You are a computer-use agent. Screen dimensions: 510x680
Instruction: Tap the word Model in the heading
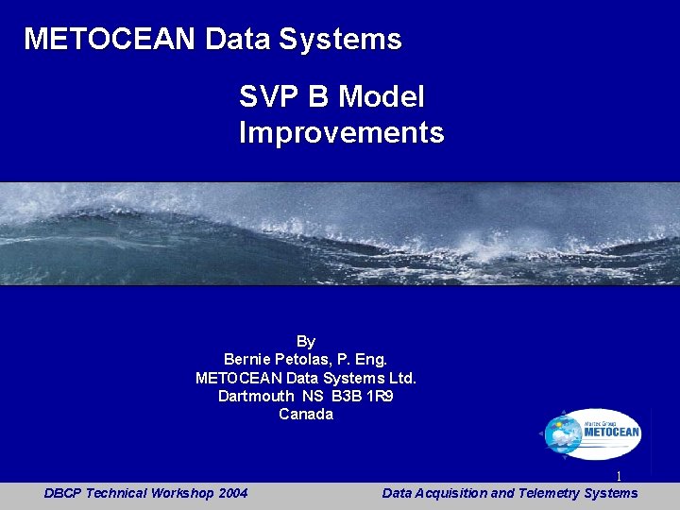point(382,96)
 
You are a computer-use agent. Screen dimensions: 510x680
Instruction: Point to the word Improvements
point(341,132)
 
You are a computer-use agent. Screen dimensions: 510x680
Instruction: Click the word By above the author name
point(306,341)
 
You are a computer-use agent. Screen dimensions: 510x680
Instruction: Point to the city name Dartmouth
point(256,396)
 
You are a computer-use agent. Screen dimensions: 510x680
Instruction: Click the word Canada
point(306,414)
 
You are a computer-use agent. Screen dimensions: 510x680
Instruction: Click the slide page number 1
point(619,477)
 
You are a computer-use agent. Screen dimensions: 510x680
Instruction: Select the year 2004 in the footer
point(231,493)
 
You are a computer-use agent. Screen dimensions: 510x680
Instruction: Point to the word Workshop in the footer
point(181,493)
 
